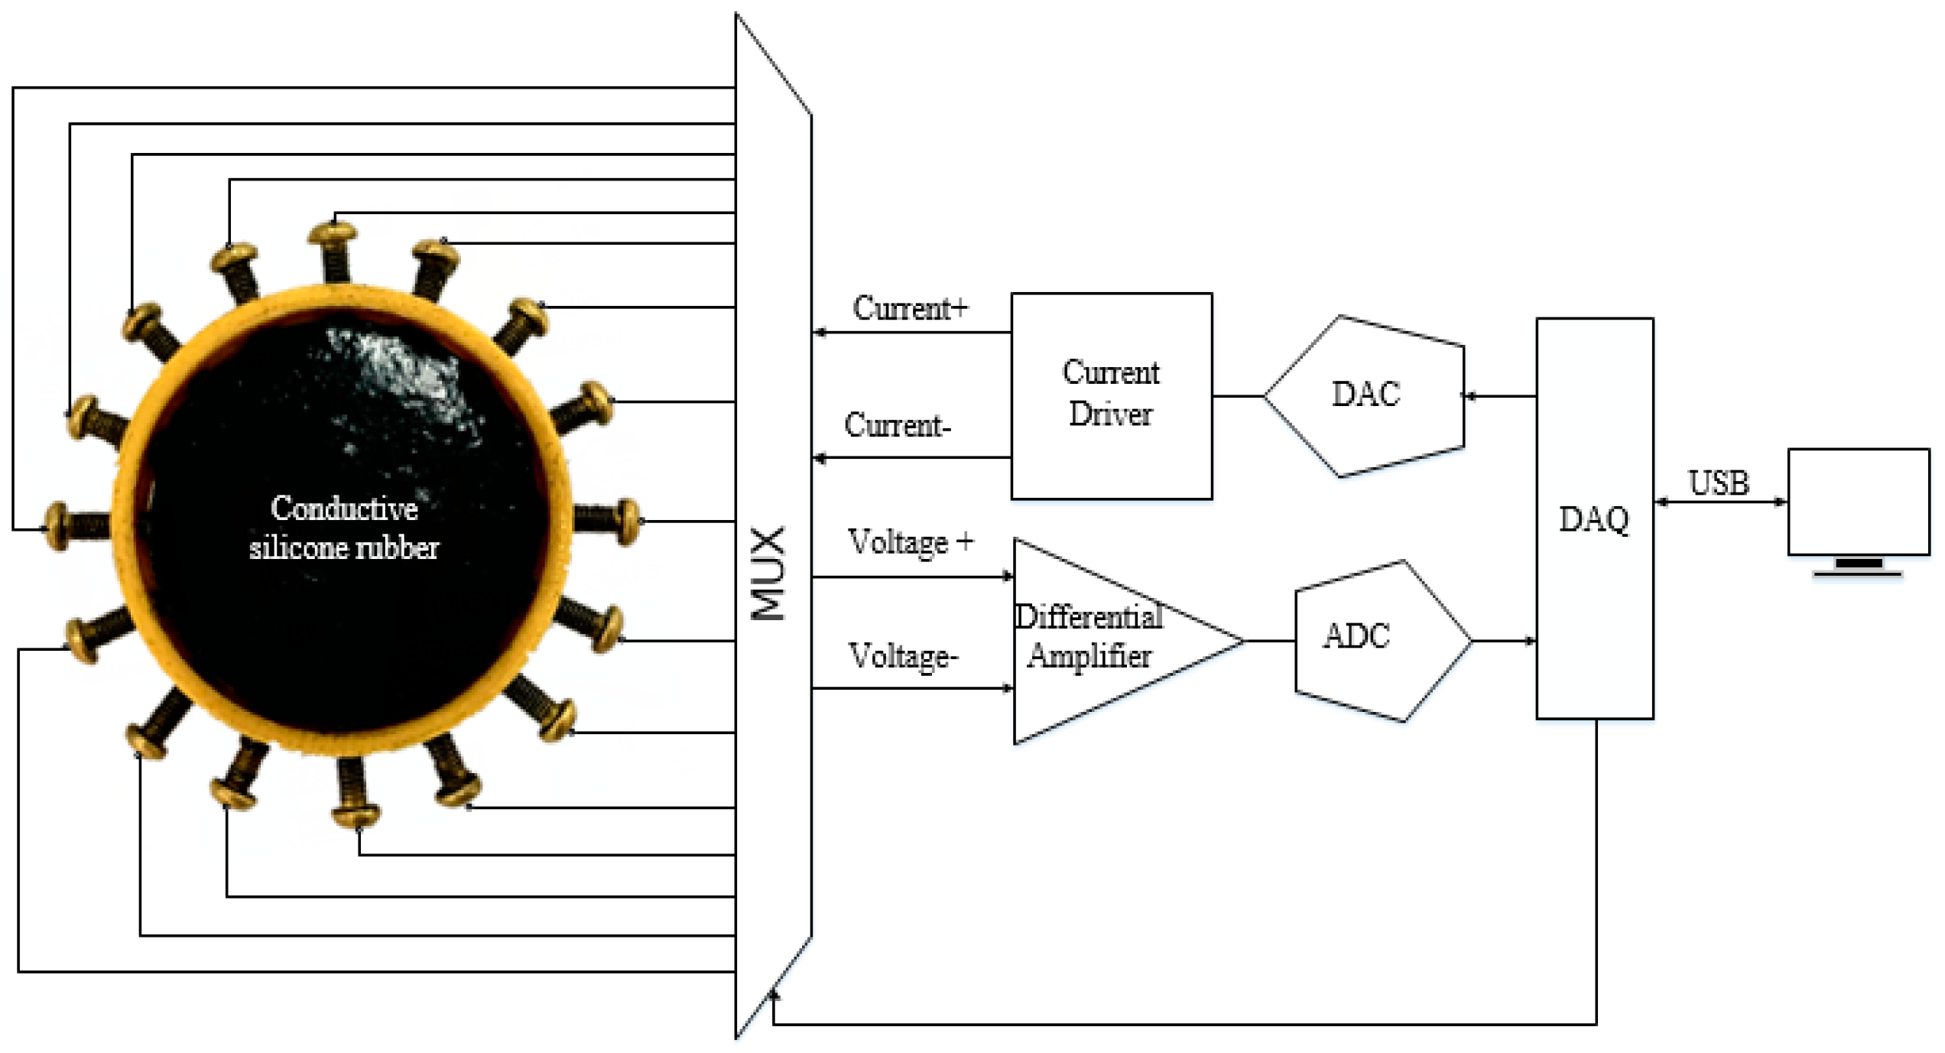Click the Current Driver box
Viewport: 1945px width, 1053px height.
click(x=1111, y=395)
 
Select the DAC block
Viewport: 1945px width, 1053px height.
click(x=1365, y=395)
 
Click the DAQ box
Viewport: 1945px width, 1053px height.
click(x=1594, y=518)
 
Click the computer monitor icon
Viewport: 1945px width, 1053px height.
click(x=1858, y=505)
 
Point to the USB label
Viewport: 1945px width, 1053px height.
click(x=1718, y=483)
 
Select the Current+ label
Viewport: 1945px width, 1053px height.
click(x=910, y=308)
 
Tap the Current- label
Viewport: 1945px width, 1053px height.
click(x=897, y=425)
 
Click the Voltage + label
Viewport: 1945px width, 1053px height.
click(x=910, y=542)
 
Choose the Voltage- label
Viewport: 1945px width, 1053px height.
click(x=903, y=657)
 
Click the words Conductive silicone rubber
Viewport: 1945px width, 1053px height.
click(x=344, y=528)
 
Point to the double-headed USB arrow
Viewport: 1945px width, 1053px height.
click(x=1720, y=502)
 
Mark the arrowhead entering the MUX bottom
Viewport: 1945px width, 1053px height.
click(x=773, y=996)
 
